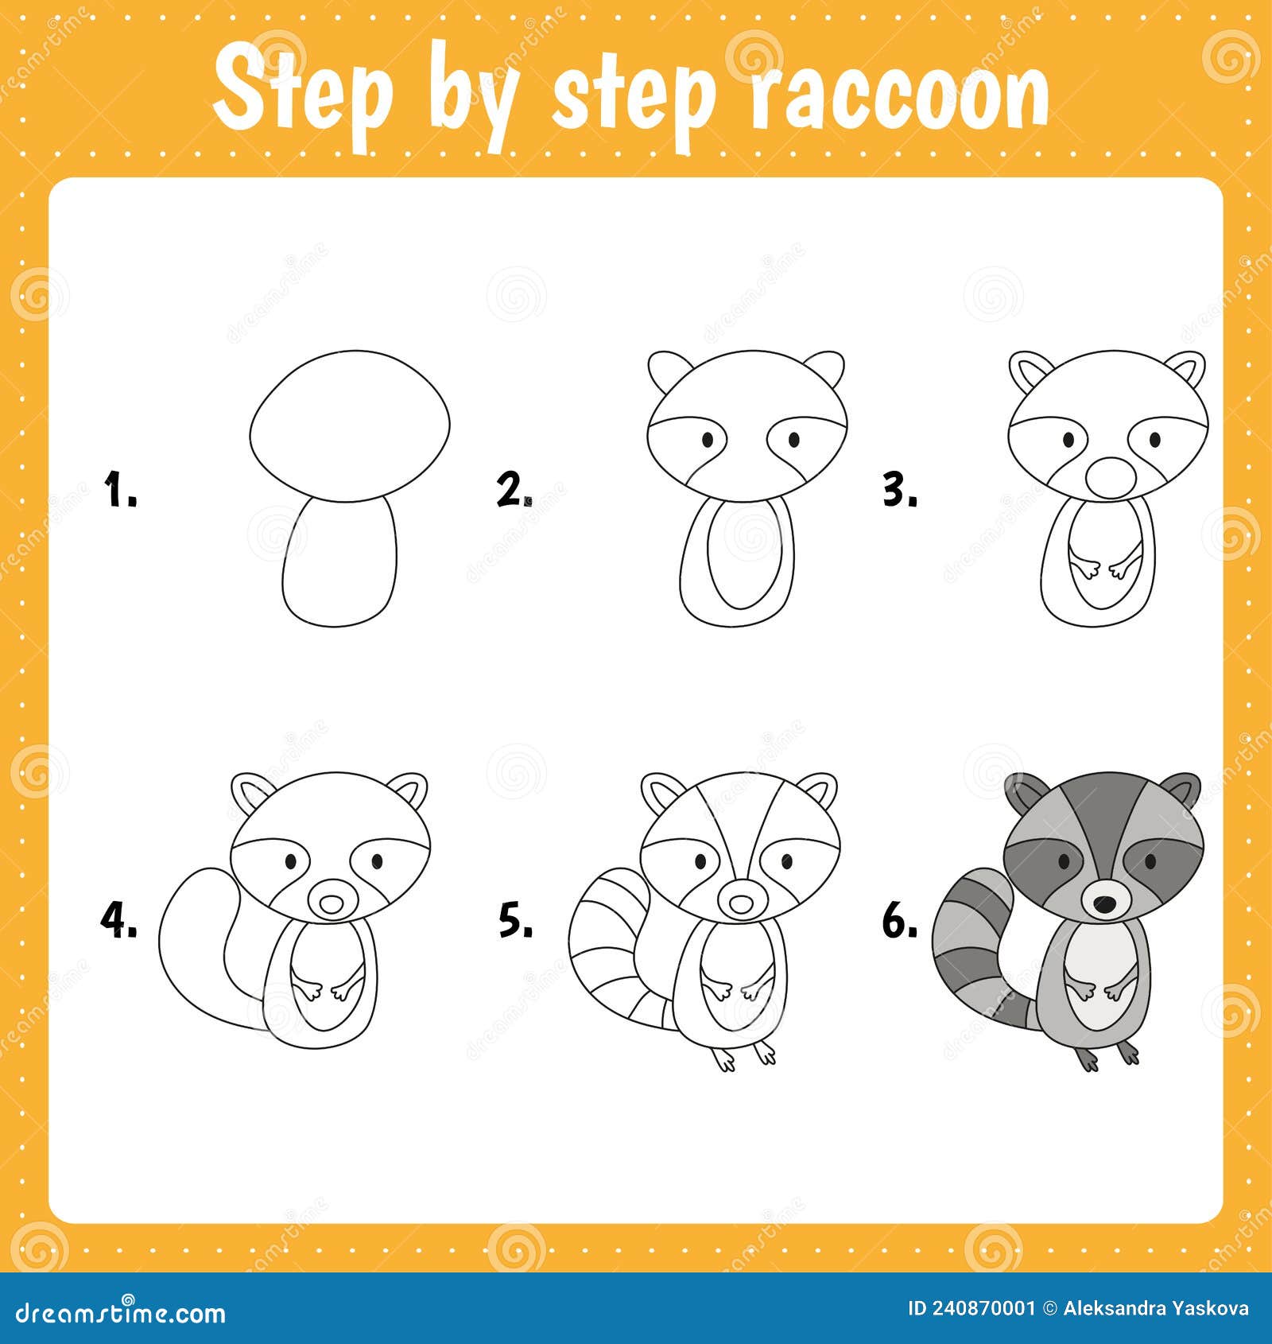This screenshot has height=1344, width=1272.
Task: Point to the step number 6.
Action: pyautogui.click(x=898, y=922)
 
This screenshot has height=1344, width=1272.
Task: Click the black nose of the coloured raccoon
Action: pyautogui.click(x=1103, y=903)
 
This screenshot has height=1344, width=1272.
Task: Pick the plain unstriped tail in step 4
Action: pyautogui.click(x=195, y=946)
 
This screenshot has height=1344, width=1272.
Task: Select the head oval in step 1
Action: pyautogui.click(x=350, y=425)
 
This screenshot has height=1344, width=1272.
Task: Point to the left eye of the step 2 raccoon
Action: pyautogui.click(x=707, y=439)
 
